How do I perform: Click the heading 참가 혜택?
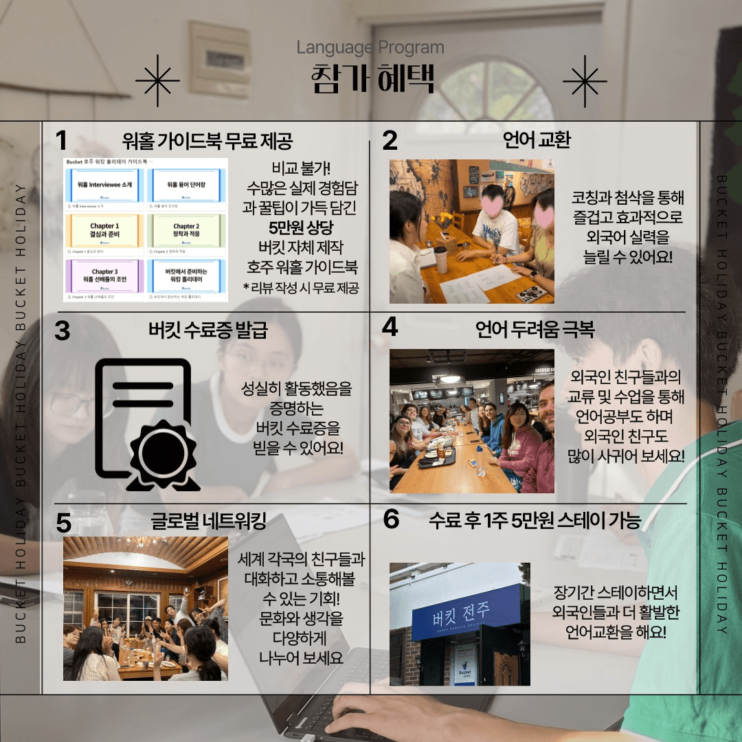(x=372, y=78)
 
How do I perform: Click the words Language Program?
(x=370, y=48)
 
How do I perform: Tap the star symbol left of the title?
(x=157, y=82)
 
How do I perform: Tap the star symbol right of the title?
(x=585, y=82)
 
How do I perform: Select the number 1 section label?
(x=62, y=141)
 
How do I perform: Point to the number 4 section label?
(x=390, y=327)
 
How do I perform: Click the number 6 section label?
(x=391, y=519)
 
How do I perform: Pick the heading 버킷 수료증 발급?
(x=207, y=330)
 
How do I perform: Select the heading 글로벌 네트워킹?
(x=208, y=520)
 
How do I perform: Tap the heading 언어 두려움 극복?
(x=535, y=330)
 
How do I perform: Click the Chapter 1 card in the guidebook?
(x=104, y=231)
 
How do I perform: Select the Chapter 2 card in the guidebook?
(x=185, y=231)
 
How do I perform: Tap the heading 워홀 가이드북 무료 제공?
(x=207, y=141)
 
